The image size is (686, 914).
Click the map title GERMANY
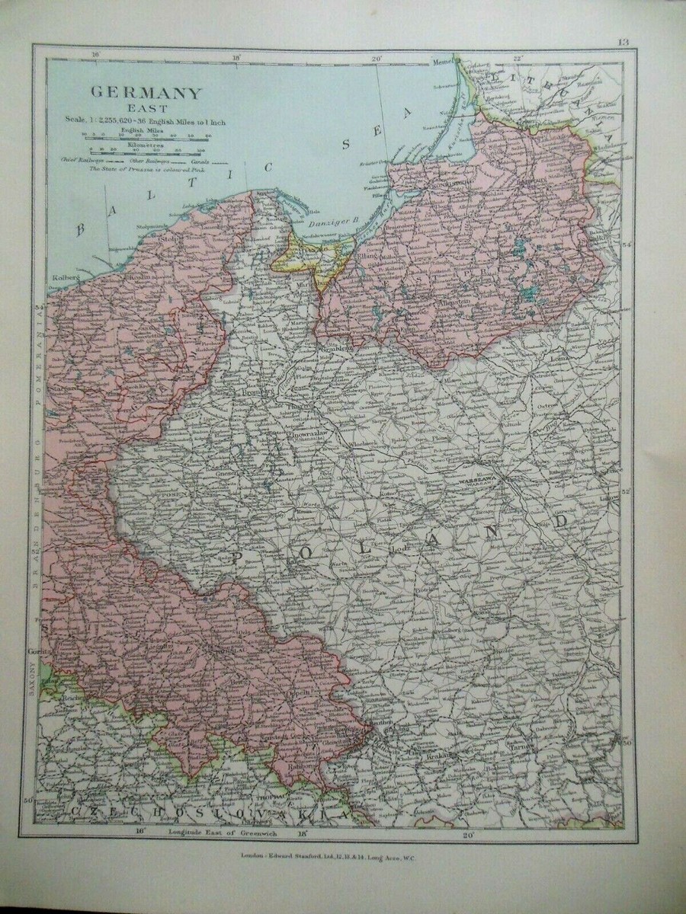[147, 93]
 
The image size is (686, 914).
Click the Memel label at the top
[444, 60]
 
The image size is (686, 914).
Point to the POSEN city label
[169, 496]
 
